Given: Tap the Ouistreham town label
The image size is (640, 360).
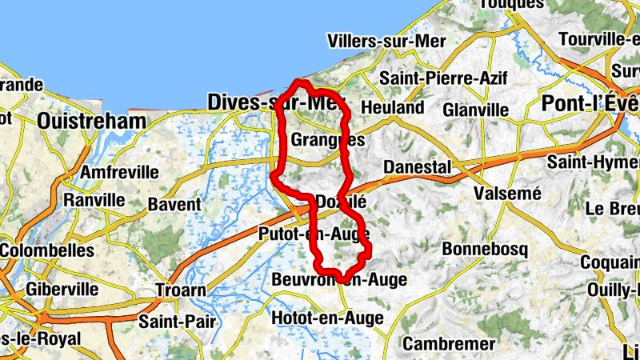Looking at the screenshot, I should pos(92,122).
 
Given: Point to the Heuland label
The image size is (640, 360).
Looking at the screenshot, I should pos(393,107).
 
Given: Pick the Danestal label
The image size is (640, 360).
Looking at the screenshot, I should pos(417,166).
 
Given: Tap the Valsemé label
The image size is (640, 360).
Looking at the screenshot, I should pos(507,194).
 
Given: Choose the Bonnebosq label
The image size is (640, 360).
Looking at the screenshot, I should pos(486,248).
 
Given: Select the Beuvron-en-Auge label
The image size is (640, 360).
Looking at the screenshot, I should pos(339,280).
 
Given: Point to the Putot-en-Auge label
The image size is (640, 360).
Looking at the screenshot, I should pos(314,234).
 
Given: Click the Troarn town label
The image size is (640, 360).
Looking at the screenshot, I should pos(180,290).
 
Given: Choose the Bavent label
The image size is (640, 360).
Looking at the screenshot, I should pos(174,204).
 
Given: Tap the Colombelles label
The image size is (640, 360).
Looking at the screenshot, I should pos(46,250).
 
